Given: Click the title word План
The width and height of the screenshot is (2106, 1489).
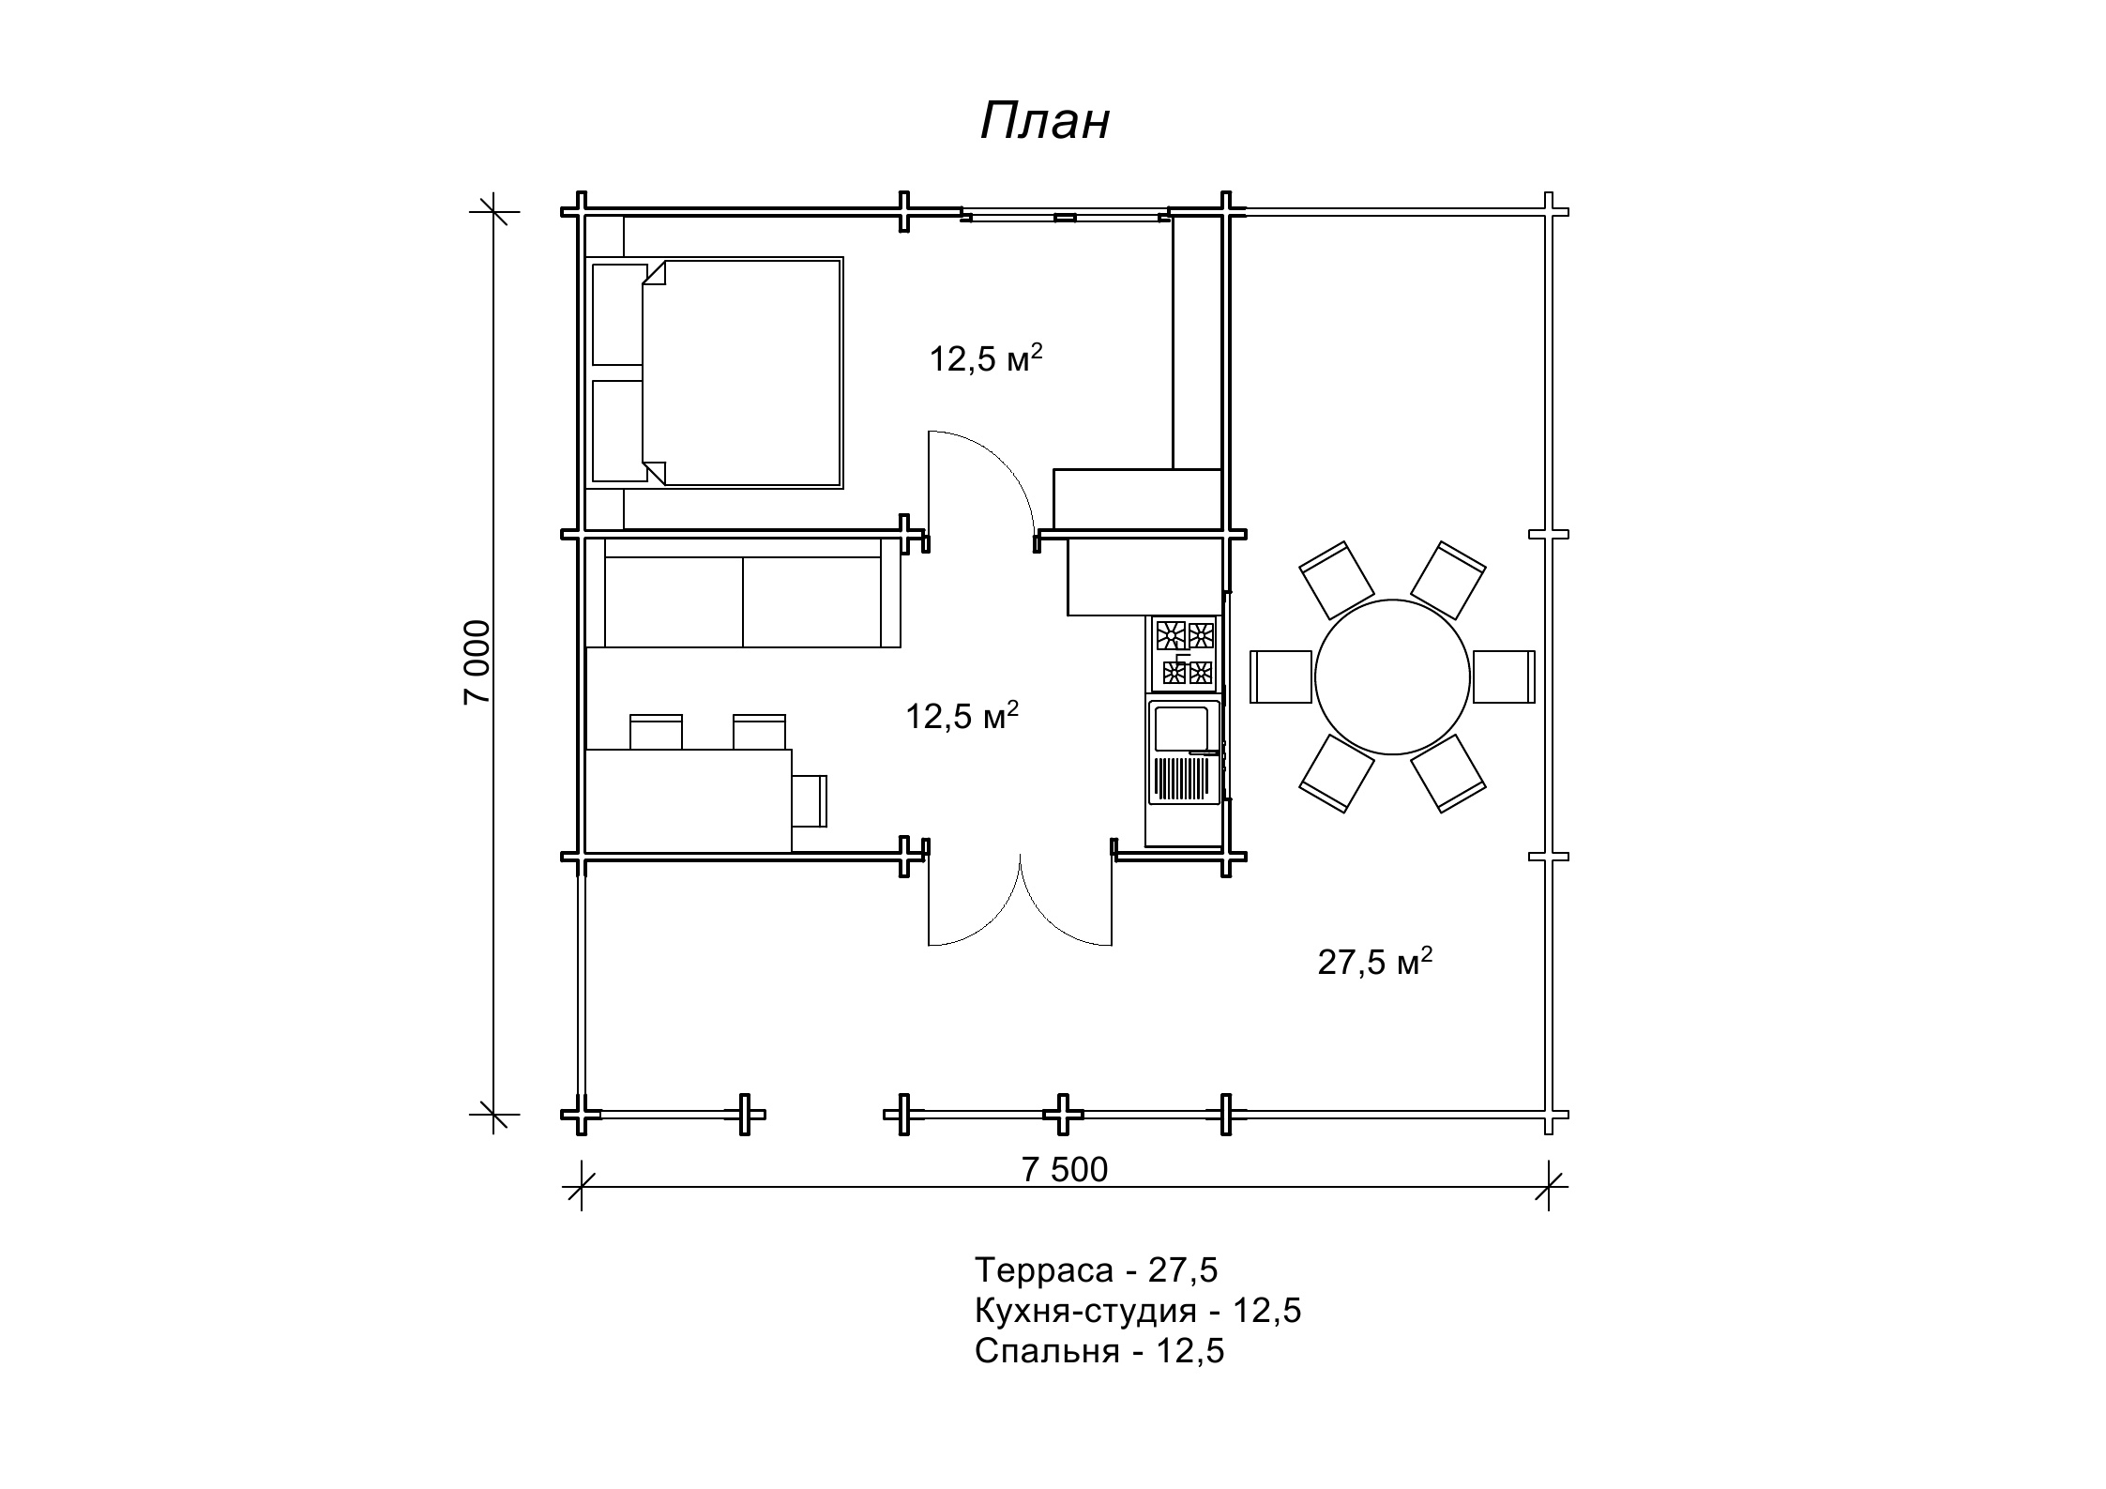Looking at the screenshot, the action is [1045, 122].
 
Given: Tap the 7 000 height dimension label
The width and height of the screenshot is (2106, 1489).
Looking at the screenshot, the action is [477, 661].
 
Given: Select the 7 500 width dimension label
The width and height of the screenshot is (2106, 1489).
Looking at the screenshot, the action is [1065, 1170].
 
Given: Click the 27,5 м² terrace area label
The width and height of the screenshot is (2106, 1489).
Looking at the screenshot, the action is [1375, 962].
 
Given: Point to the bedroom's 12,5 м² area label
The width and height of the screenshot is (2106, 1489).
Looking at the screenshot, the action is [986, 358].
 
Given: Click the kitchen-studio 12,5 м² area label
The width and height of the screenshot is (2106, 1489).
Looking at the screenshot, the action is [962, 717].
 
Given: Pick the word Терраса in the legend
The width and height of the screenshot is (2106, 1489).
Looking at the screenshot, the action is [1043, 1270].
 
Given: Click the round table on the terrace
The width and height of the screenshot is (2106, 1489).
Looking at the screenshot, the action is [1392, 676].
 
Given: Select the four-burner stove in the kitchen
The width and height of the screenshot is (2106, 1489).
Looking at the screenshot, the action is [1184, 654].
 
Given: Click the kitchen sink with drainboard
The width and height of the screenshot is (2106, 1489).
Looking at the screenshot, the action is [1184, 752].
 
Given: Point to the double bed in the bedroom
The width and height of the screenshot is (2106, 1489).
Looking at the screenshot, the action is [715, 372].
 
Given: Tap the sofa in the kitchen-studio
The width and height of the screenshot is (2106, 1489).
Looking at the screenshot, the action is [743, 593].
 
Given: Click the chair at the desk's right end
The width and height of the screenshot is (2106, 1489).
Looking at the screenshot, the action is [810, 800].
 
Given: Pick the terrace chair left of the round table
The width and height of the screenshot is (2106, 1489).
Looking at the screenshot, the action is [1280, 676].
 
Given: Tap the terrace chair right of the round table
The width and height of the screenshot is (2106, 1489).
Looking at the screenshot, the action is [1504, 676].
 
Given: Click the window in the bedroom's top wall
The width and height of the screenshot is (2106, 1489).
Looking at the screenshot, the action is [1066, 217].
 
